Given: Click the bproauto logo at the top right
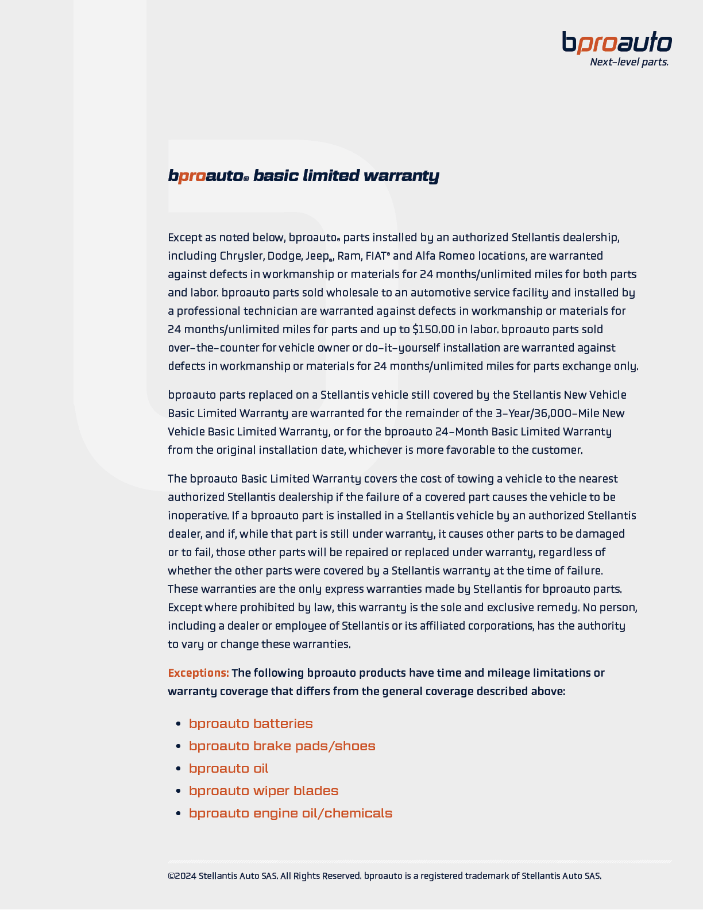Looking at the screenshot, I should (x=617, y=43).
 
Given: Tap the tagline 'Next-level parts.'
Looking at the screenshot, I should (x=629, y=62).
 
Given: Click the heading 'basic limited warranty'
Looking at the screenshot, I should (x=346, y=175).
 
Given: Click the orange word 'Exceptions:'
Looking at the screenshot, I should (x=198, y=673).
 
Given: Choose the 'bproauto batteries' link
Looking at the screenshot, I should (x=250, y=723).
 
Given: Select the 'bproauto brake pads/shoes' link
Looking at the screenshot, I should (x=282, y=746).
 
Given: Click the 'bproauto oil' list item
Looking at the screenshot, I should (x=229, y=768).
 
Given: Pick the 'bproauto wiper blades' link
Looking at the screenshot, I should (x=264, y=791).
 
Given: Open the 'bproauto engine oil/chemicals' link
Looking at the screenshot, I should (x=291, y=813).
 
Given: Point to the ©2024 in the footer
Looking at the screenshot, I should (x=182, y=876).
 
